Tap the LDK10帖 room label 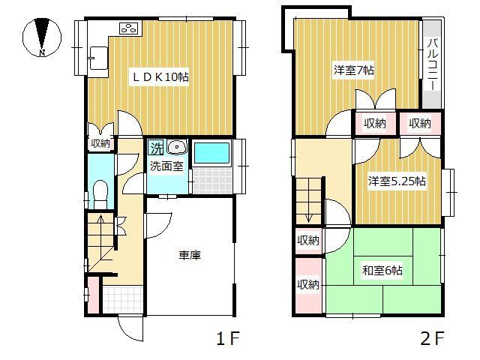(160, 76)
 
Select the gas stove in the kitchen (128, 28)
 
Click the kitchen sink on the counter (98, 55)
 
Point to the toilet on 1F (99, 193)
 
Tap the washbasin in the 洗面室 (176, 147)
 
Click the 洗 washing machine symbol (155, 147)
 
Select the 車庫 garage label (188, 256)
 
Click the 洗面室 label (166, 166)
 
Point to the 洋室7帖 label (354, 70)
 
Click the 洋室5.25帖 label (397, 181)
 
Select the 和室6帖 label (383, 271)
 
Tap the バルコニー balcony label (432, 63)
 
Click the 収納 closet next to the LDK (100, 143)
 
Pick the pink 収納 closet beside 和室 (307, 284)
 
